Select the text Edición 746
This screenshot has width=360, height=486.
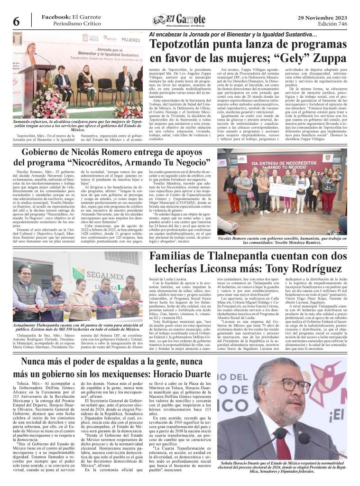click(332, 24)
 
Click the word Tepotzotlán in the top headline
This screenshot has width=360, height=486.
click(183, 45)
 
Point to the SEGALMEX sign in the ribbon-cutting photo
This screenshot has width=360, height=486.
click(108, 277)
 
